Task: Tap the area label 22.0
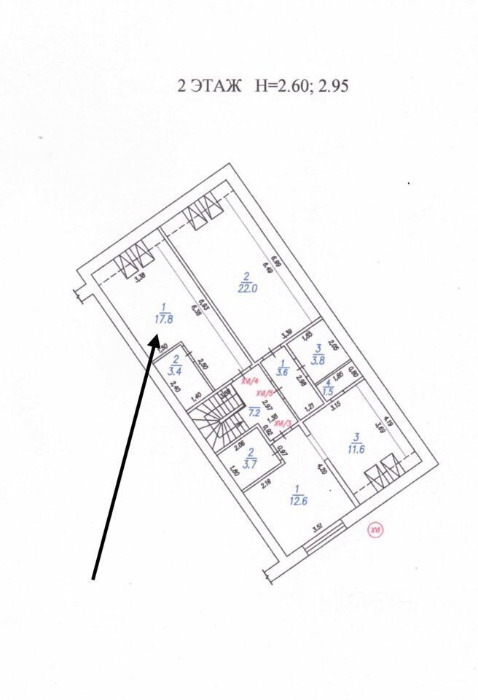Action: point(247,287)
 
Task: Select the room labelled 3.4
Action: point(176,370)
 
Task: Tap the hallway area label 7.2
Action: point(254,411)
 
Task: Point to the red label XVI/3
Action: point(283,423)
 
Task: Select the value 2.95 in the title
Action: point(332,86)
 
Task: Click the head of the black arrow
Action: point(154,341)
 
